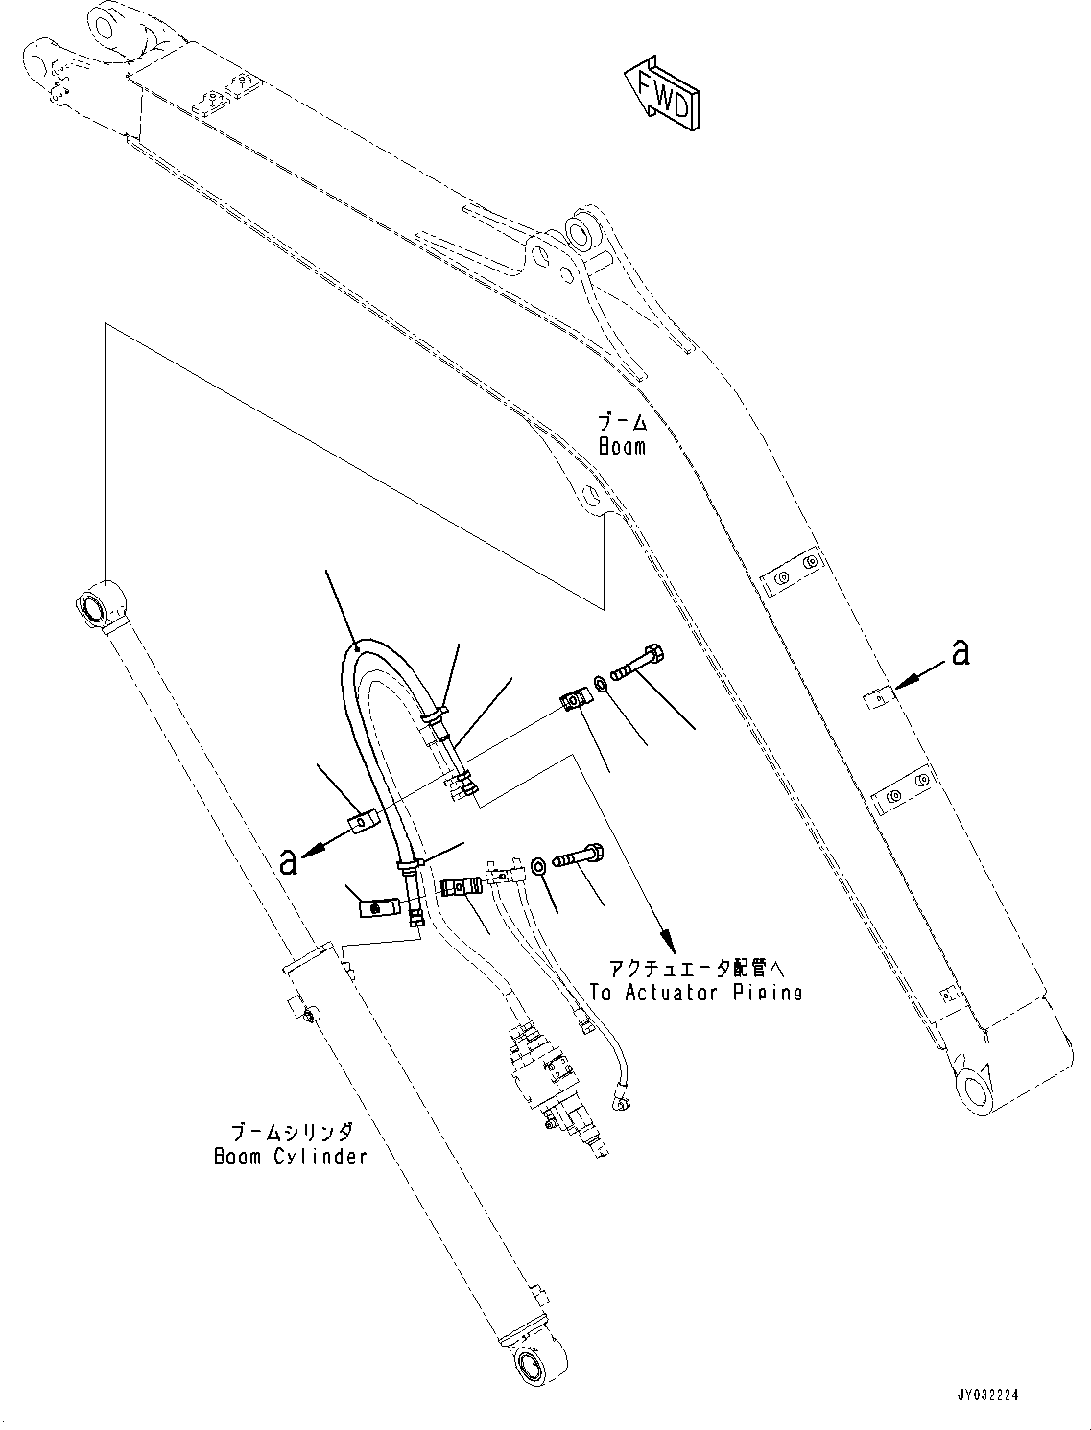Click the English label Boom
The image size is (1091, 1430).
622,446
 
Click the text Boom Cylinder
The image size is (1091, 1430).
290,1156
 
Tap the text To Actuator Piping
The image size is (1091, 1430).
696,993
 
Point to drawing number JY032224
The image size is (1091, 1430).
973,1395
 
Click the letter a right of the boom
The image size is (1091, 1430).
959,653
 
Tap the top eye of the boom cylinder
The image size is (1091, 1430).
95,608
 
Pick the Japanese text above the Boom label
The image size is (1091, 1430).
622,422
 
